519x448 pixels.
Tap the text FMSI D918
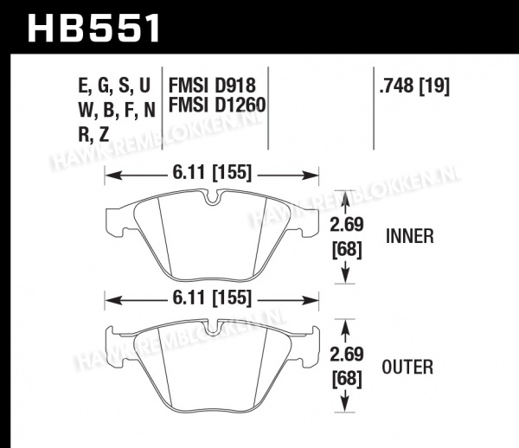(212, 86)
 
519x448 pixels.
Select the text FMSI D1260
(217, 105)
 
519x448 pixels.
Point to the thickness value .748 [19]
(414, 86)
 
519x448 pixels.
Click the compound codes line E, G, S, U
(114, 86)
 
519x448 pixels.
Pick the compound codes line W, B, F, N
(117, 110)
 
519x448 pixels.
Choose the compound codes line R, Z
(93, 134)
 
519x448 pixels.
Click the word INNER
(410, 236)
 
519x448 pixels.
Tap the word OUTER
(407, 367)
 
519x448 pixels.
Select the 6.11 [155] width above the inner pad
(212, 173)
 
